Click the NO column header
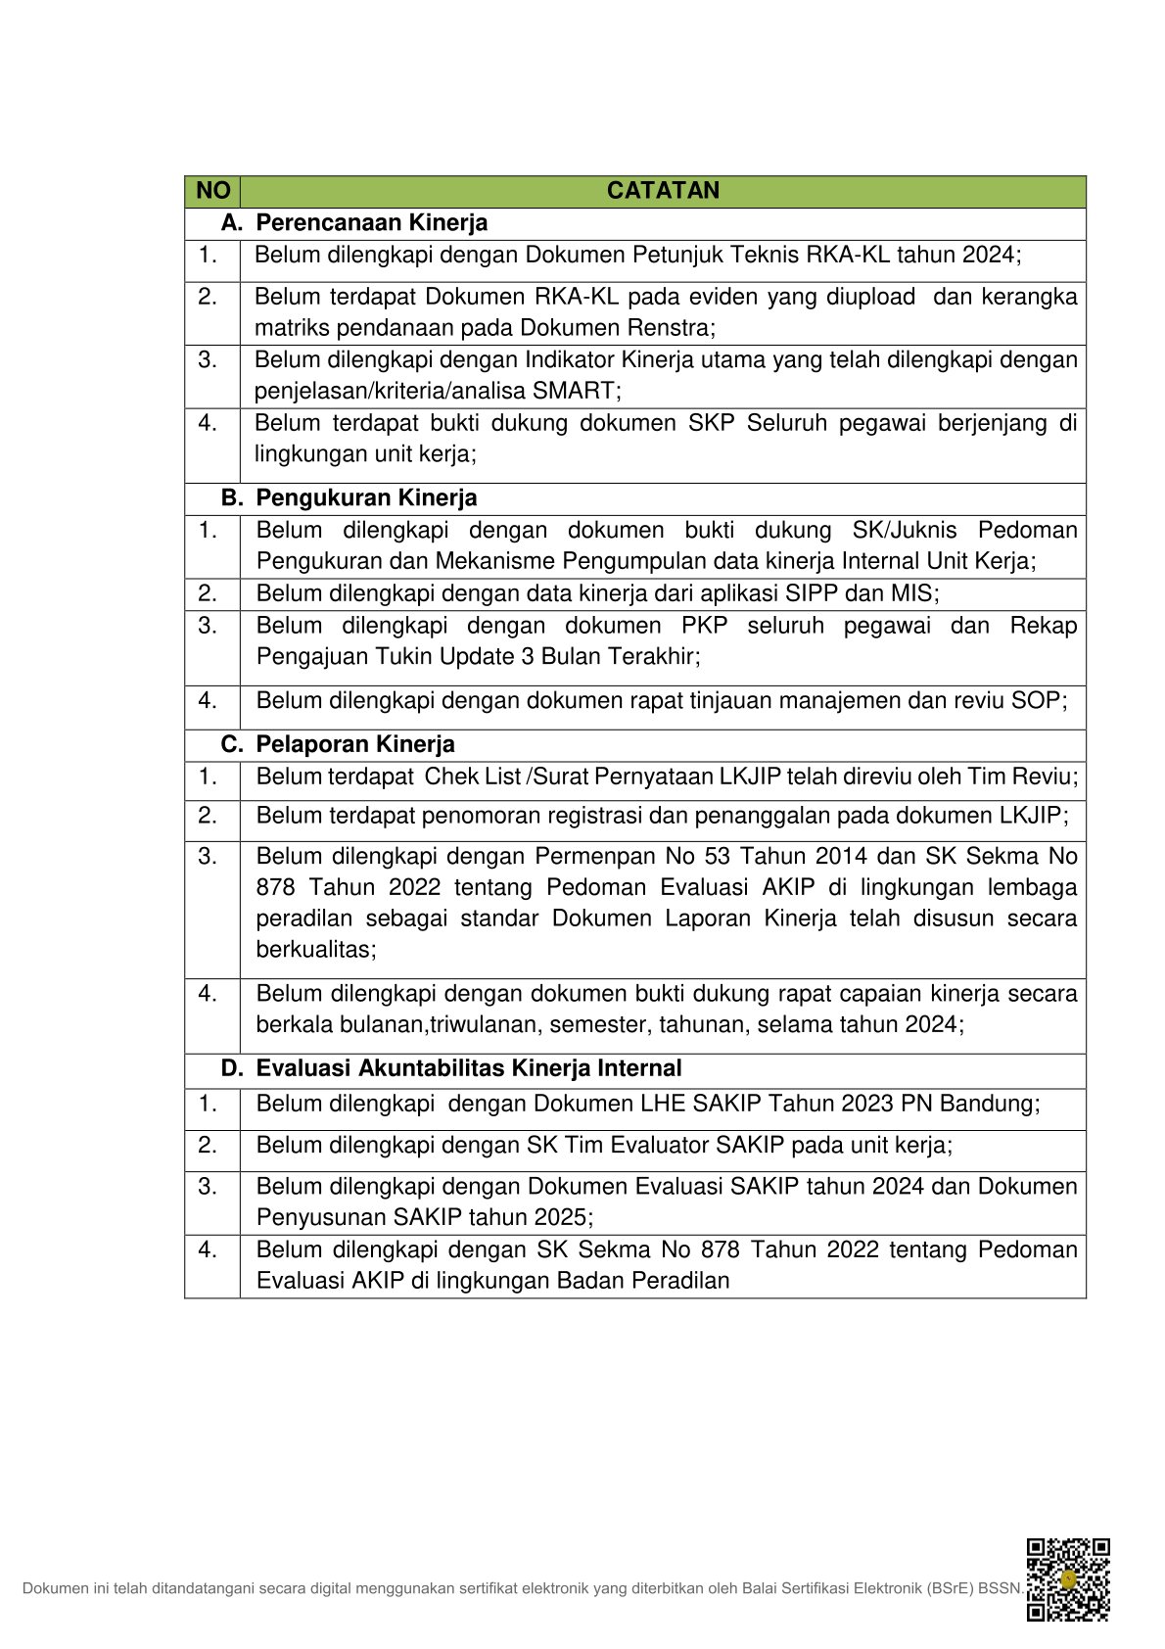tap(212, 191)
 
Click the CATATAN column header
tap(663, 191)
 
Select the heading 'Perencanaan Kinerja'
tap(371, 223)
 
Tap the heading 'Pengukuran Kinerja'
tap(366, 498)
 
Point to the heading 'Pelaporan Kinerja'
tap(355, 745)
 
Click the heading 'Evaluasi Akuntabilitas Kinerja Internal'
tap(468, 1068)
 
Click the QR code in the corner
tap(1067, 1579)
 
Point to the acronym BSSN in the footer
tap(999, 1588)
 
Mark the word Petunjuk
tap(676, 256)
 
